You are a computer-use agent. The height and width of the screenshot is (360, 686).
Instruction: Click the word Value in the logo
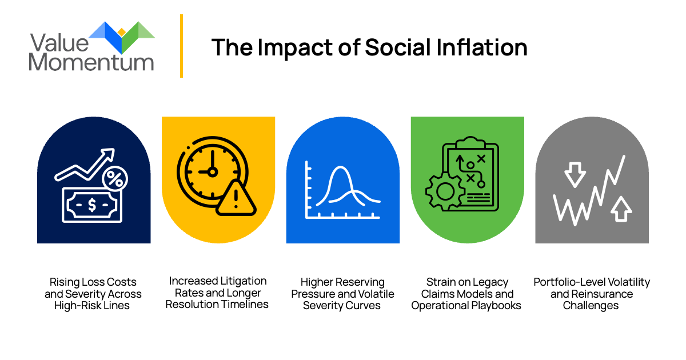coord(59,42)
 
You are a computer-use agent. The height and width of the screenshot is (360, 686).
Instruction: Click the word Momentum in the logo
coord(92,62)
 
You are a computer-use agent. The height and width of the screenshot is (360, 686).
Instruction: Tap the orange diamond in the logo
coord(121,32)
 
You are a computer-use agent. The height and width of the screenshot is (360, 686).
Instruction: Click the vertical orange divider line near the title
coord(181,46)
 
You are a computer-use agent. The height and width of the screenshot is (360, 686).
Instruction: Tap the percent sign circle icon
coord(115,179)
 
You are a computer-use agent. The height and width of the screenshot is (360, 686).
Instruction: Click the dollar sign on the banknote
coord(92,205)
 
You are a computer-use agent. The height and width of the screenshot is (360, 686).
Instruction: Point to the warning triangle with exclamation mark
coord(236,198)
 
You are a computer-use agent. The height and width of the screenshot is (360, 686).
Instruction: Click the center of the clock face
coord(211,171)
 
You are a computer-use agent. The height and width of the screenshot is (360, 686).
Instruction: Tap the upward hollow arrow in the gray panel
coord(621,209)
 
